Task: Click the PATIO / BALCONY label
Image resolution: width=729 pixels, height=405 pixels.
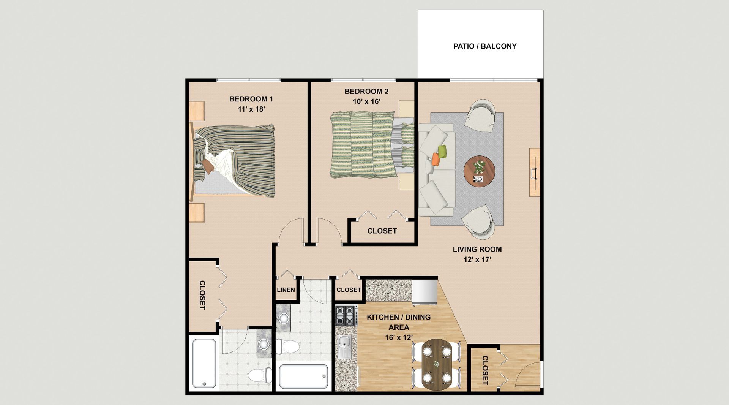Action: [485, 46]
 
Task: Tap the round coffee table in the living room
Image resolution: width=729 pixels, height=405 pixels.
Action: [479, 171]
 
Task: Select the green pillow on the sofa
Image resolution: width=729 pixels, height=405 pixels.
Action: [442, 151]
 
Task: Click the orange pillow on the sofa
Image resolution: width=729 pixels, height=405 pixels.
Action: [436, 159]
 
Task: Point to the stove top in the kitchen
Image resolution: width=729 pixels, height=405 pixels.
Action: [346, 316]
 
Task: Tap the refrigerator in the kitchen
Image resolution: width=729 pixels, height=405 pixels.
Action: [425, 293]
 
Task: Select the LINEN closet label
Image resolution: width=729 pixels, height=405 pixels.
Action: [286, 290]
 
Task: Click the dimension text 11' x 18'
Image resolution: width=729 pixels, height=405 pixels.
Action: [251, 109]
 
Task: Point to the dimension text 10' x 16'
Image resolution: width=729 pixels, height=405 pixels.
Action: [366, 101]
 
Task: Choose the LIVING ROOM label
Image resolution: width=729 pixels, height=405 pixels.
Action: [477, 249]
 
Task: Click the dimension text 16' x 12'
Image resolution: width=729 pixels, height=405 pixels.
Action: [399, 337]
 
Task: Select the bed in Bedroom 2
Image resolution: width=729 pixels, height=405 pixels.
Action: [372, 144]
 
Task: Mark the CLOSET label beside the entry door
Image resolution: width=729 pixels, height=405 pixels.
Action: [485, 370]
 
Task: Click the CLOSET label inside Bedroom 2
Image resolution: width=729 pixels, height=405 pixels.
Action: [382, 231]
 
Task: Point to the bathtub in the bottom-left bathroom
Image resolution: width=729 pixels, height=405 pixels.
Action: [204, 363]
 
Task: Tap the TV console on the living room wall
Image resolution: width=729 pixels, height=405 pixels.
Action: [535, 172]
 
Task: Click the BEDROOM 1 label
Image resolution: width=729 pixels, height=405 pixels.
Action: [251, 99]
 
